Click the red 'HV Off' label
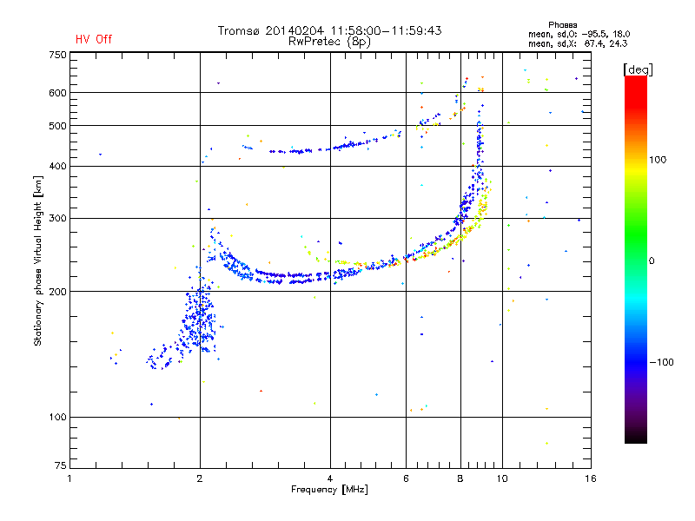tap(94, 39)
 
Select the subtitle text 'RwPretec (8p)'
tap(329, 42)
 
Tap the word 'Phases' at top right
tap(562, 25)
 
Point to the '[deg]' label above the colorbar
tap(638, 69)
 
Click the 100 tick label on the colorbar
tap(658, 160)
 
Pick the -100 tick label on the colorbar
tap(662, 362)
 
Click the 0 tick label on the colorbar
tap(652, 261)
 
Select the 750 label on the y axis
tap(57, 55)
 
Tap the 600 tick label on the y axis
tap(57, 93)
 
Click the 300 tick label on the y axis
tap(57, 219)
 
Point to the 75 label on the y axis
tap(61, 465)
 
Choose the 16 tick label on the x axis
tap(591, 478)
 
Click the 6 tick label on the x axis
tap(406, 478)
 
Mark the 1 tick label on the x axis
tap(69, 478)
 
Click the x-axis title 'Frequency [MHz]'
tap(329, 490)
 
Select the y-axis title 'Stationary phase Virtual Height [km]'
tap(38, 261)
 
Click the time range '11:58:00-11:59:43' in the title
tap(386, 30)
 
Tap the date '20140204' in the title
tap(295, 30)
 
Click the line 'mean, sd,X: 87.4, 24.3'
tap(578, 44)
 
